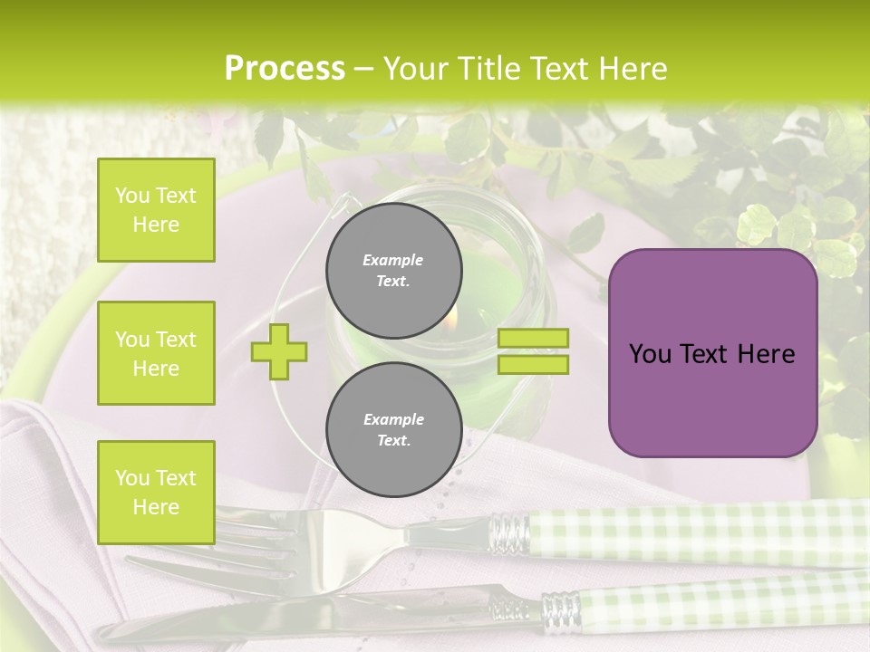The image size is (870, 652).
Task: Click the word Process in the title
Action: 285,69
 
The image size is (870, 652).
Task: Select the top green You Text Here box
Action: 156,210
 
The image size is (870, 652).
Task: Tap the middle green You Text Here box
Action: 156,353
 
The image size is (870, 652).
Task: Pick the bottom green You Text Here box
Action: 156,492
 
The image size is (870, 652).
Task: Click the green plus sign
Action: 279,351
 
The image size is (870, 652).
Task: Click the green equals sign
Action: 533,351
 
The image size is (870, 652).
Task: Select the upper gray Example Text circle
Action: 393,270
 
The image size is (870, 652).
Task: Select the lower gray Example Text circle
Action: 393,429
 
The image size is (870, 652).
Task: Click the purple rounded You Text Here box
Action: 712,353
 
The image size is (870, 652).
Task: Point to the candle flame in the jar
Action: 449,318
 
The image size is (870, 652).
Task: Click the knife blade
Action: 299,617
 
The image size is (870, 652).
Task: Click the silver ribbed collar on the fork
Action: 509,532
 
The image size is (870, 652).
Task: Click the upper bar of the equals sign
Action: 533,339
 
